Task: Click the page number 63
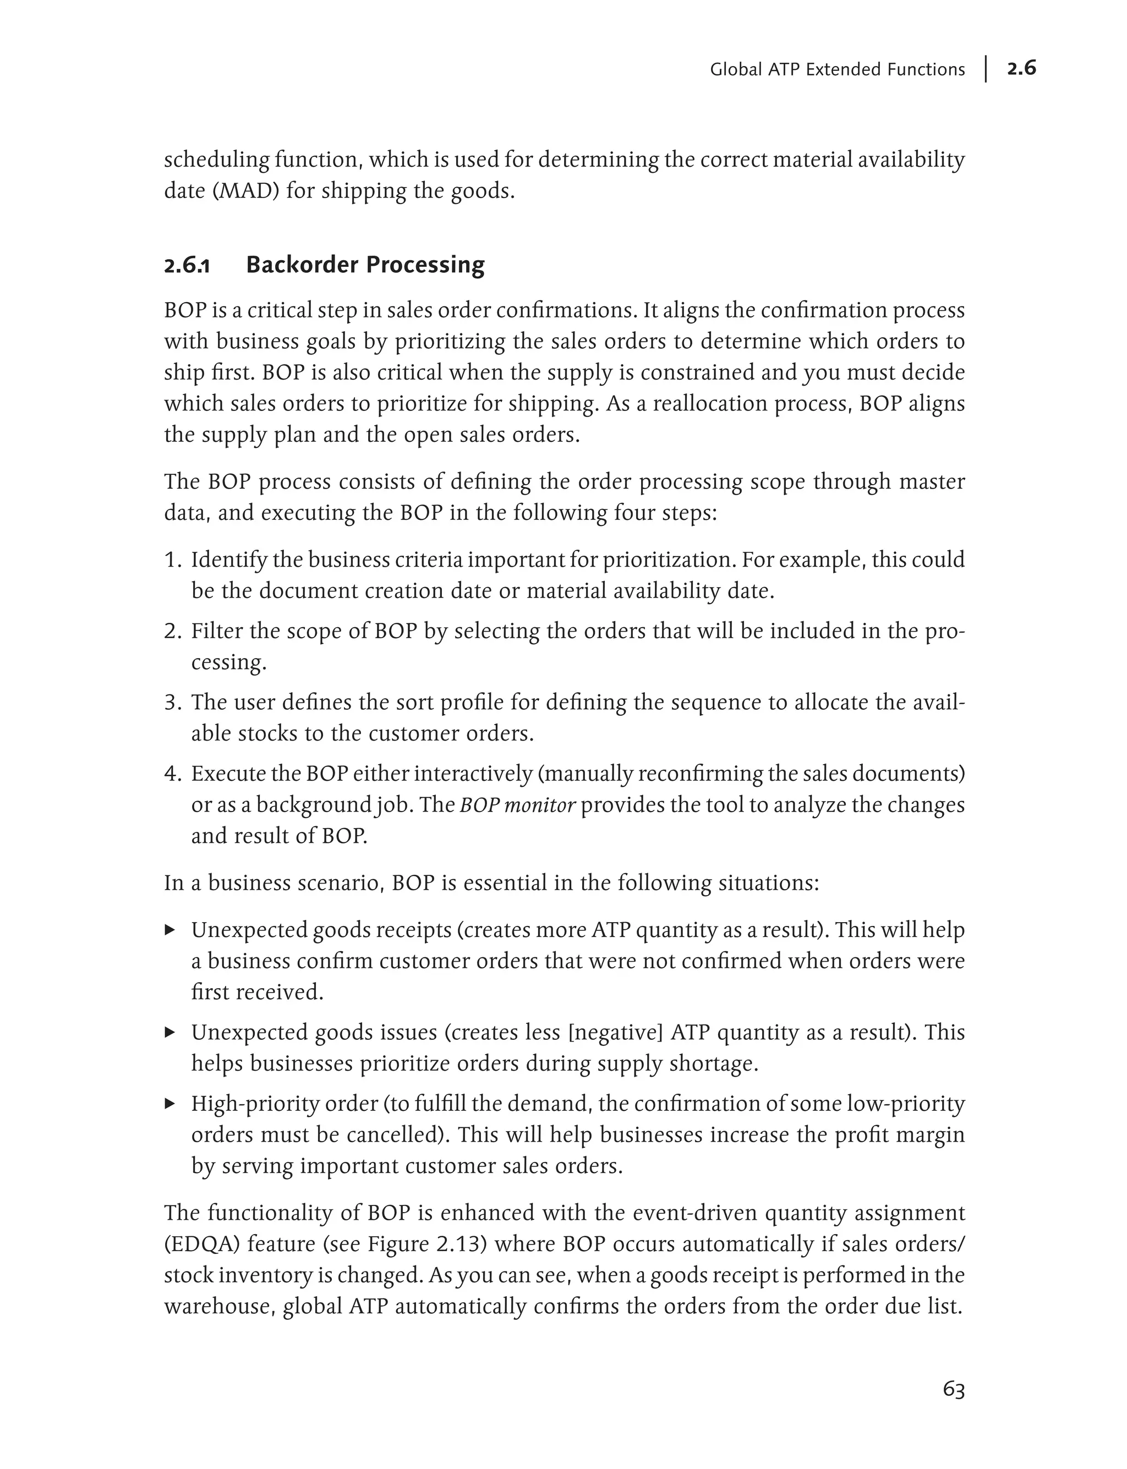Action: tap(953, 1389)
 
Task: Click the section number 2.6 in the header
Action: tap(1021, 68)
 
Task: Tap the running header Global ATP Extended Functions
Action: tap(836, 70)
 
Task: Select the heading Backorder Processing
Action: tap(365, 265)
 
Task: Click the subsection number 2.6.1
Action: tap(187, 266)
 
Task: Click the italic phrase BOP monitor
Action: tap(517, 805)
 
